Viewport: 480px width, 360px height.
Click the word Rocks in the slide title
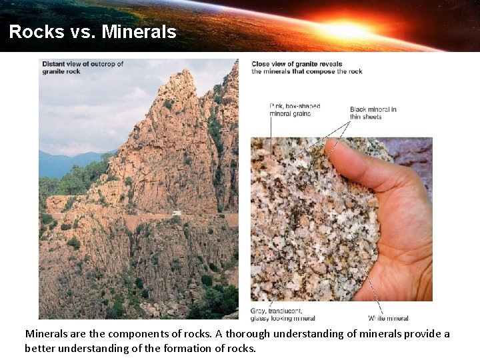[x=32, y=32]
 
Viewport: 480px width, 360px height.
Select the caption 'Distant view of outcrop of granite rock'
[x=83, y=67]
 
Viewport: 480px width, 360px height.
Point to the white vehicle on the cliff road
[x=177, y=213]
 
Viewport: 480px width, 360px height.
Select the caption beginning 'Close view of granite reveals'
[x=307, y=67]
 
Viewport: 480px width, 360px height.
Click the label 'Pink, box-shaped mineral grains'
[x=294, y=110]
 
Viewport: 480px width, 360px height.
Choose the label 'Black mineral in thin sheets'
[x=373, y=113]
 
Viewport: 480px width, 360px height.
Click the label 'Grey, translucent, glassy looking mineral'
[x=282, y=315]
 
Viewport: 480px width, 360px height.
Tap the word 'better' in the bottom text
[x=40, y=348]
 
